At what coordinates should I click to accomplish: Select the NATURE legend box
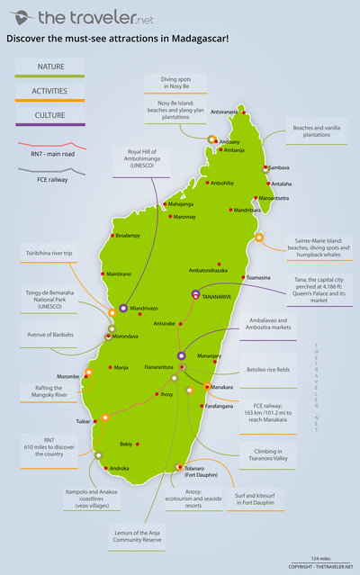(49, 67)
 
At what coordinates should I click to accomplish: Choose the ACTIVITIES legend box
(49, 91)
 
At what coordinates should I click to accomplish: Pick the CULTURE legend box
(49, 115)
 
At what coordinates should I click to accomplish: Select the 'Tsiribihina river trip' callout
(49, 254)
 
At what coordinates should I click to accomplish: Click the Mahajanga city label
(180, 204)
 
